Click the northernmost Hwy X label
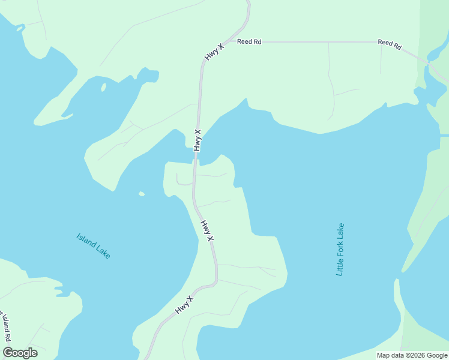[214, 51]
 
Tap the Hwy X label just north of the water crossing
[197, 140]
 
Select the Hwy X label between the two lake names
[207, 230]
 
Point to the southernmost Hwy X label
[185, 305]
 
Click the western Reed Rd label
[249, 41]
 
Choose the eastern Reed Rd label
[390, 44]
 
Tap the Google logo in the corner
[20, 353]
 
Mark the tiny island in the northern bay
[103, 87]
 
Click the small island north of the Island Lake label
[142, 194]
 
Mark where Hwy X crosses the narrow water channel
[196, 157]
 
